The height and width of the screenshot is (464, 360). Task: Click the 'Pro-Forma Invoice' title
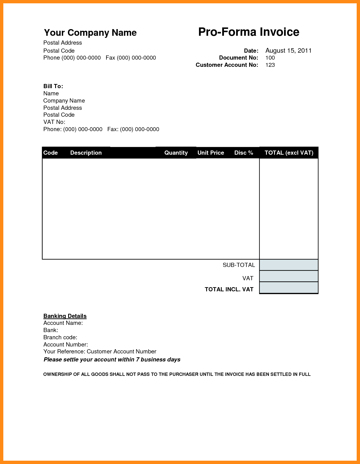[249, 32]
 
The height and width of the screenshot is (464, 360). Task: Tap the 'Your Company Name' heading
[90, 33]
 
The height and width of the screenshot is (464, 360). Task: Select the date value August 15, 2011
[288, 51]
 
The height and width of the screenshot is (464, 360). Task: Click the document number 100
[270, 58]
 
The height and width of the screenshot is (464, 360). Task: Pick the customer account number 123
[270, 65]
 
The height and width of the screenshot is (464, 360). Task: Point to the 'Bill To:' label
[53, 86]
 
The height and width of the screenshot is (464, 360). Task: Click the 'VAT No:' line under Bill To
[54, 122]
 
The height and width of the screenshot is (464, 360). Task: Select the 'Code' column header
[50, 153]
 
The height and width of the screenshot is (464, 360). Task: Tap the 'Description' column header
[86, 153]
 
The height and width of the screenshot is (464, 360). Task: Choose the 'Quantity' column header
[176, 153]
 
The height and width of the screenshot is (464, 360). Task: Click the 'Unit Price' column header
[211, 153]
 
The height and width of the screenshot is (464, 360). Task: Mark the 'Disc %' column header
[244, 153]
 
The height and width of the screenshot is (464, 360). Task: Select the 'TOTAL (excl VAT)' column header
[289, 153]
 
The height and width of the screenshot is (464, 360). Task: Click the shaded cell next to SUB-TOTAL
[289, 265]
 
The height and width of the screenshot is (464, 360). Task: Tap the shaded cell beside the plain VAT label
[289, 276]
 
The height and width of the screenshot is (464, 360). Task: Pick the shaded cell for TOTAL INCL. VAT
[289, 288]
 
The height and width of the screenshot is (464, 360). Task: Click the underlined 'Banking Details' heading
[65, 316]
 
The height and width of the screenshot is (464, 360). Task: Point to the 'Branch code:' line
[60, 337]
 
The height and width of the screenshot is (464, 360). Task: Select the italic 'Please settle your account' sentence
[112, 360]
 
